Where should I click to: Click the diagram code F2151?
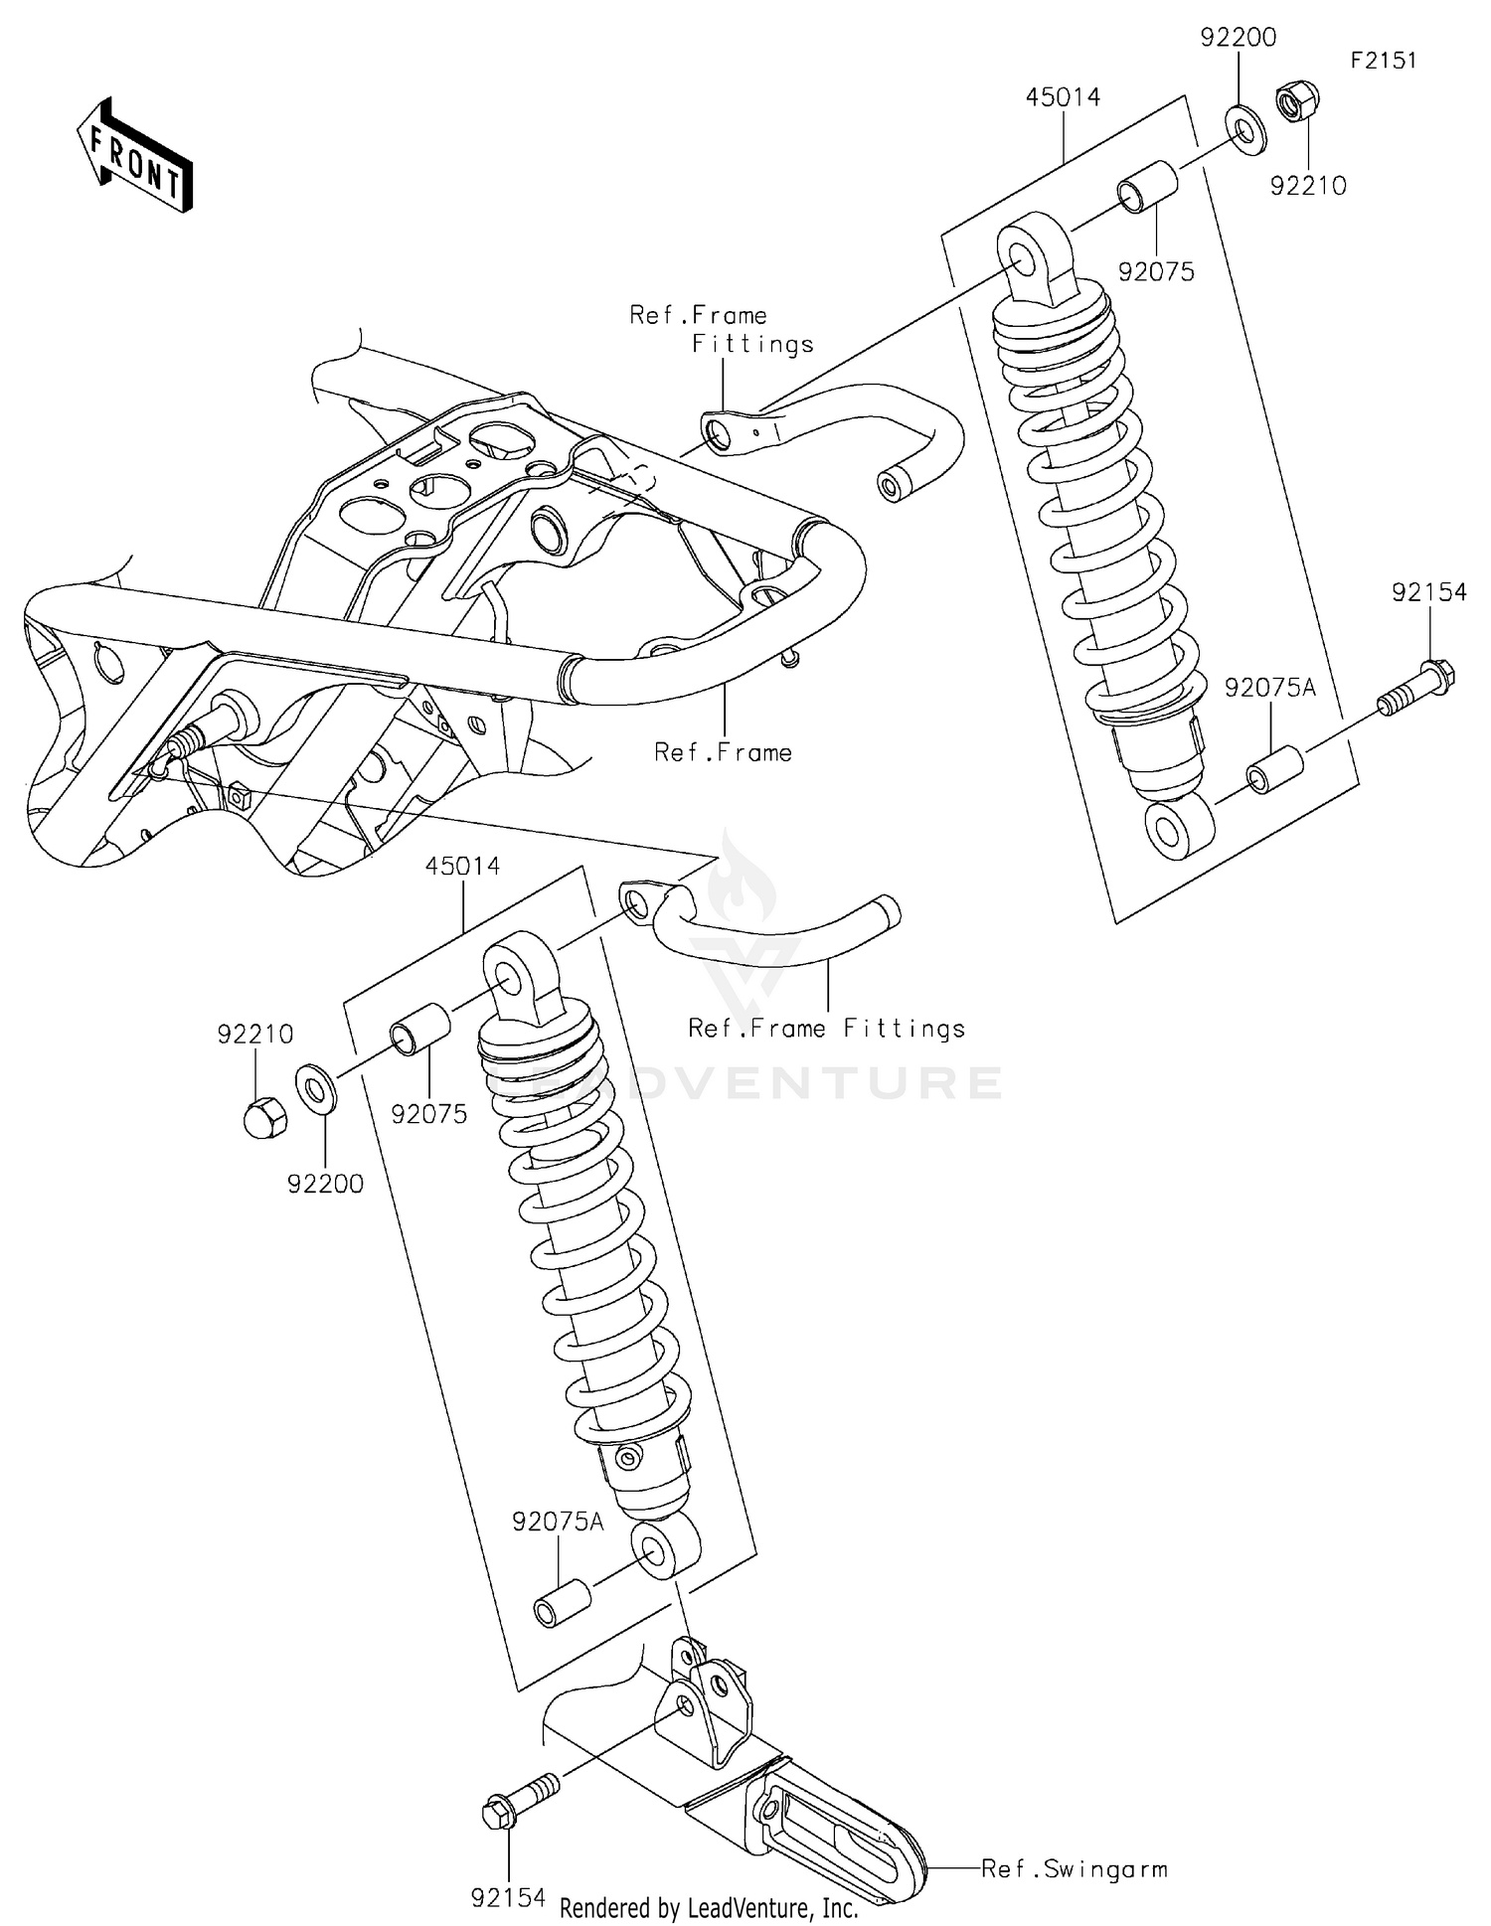(1383, 61)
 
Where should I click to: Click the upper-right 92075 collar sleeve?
(1148, 188)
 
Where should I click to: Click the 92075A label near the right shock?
(1269, 688)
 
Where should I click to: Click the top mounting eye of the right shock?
(1024, 253)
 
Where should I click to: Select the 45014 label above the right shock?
(1063, 97)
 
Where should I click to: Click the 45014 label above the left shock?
(462, 866)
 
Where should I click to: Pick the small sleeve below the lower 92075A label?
(563, 1607)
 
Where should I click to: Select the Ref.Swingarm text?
(1074, 1868)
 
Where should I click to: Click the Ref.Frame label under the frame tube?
(723, 752)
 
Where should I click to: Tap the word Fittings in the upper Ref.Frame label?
(752, 345)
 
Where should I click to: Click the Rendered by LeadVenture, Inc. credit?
(709, 1907)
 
